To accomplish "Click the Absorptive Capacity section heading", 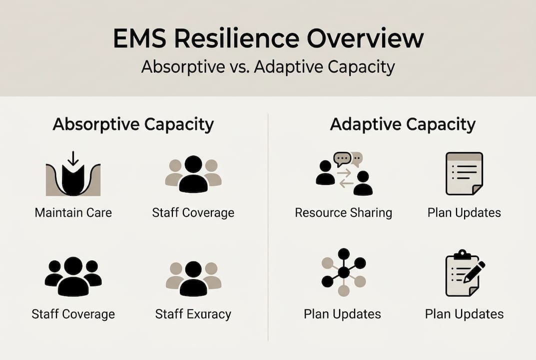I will click(x=133, y=124).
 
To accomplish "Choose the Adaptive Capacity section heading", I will click(x=403, y=124).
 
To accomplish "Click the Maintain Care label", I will click(x=73, y=212).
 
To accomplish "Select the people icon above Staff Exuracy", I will click(x=193, y=278).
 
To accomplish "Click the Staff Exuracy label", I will click(x=193, y=314).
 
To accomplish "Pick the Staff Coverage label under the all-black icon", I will click(x=73, y=314).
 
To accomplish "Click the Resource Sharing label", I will click(x=343, y=212).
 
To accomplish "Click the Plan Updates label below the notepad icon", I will click(x=464, y=212).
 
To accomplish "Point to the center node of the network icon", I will click(x=343, y=272).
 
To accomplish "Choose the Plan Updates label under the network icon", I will click(x=342, y=314).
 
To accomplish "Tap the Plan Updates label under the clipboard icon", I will click(x=464, y=314).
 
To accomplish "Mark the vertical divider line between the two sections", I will click(x=268, y=225).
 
